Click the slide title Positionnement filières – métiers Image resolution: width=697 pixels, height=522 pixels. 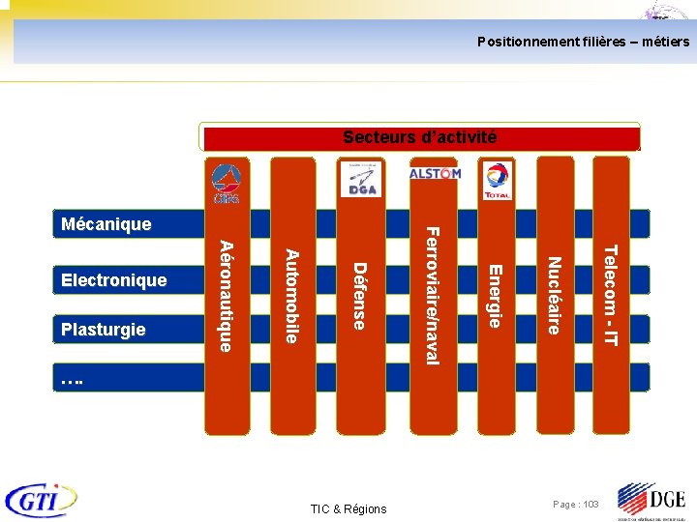(x=583, y=43)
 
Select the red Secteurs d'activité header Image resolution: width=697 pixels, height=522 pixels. (x=419, y=137)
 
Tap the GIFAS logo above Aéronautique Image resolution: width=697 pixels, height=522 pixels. (x=226, y=184)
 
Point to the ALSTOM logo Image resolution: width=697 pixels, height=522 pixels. (x=435, y=174)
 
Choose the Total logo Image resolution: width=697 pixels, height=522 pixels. (x=498, y=181)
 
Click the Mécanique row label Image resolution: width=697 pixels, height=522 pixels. (x=106, y=224)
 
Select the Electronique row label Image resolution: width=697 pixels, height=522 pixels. (x=113, y=280)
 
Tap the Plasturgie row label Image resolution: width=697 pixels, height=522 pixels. (x=103, y=330)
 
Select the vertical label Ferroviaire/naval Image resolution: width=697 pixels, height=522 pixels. (x=433, y=296)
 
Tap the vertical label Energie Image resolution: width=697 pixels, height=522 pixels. (x=494, y=296)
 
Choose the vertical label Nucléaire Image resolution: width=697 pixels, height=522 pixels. (x=554, y=295)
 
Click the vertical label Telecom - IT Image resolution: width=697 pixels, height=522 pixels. (x=610, y=296)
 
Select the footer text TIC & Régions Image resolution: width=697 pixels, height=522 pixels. (x=348, y=508)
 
